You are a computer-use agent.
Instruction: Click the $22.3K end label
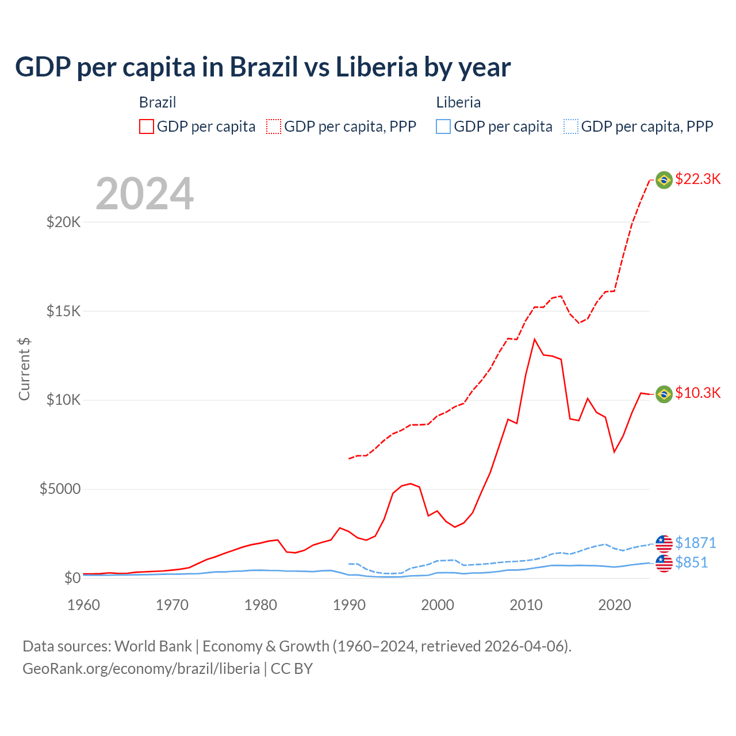pyautogui.click(x=697, y=179)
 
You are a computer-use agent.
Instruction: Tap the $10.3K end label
pyautogui.click(x=697, y=393)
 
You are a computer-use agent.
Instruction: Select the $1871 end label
pyautogui.click(x=695, y=543)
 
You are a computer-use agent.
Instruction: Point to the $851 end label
pyautogui.click(x=691, y=562)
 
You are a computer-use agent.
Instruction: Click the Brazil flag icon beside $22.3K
pyautogui.click(x=664, y=180)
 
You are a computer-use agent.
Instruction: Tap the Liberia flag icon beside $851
pyautogui.click(x=664, y=563)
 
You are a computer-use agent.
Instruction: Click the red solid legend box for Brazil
pyautogui.click(x=147, y=126)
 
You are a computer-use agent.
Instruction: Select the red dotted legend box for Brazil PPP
pyautogui.click(x=274, y=126)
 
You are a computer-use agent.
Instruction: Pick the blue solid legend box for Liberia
pyautogui.click(x=443, y=126)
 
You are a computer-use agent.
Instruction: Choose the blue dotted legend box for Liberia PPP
pyautogui.click(x=571, y=126)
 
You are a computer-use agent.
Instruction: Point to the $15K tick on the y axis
pyautogui.click(x=63, y=312)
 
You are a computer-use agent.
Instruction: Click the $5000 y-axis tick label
pyautogui.click(x=60, y=489)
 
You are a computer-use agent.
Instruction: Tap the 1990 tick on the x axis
pyautogui.click(x=349, y=605)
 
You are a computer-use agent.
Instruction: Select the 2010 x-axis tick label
pyautogui.click(x=526, y=605)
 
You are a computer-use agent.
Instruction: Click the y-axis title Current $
pyautogui.click(x=24, y=369)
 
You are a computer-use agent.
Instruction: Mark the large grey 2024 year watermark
pyautogui.click(x=144, y=194)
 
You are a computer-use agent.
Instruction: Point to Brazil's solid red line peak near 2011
pyautogui.click(x=535, y=339)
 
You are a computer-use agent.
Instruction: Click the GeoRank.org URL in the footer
pyautogui.click(x=141, y=669)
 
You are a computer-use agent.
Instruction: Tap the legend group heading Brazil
pyautogui.click(x=158, y=102)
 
